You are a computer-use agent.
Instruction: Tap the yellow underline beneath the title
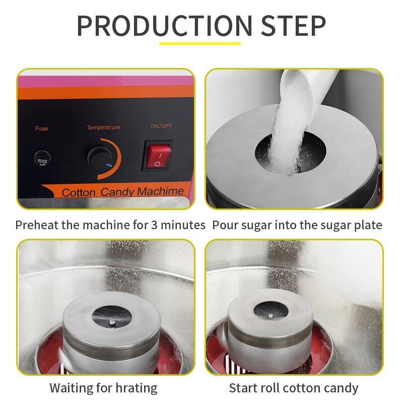click(200, 43)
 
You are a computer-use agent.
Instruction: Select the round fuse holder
click(42, 160)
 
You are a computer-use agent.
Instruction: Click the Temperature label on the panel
click(103, 127)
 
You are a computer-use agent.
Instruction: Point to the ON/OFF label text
click(161, 126)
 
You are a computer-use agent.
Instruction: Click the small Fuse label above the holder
click(42, 128)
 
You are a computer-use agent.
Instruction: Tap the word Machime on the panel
click(161, 191)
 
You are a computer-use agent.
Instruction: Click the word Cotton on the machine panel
click(79, 193)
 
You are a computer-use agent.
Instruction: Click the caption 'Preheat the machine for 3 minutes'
click(110, 225)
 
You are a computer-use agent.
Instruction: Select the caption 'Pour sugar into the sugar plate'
click(297, 225)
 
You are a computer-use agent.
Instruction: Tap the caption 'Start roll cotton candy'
click(294, 388)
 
